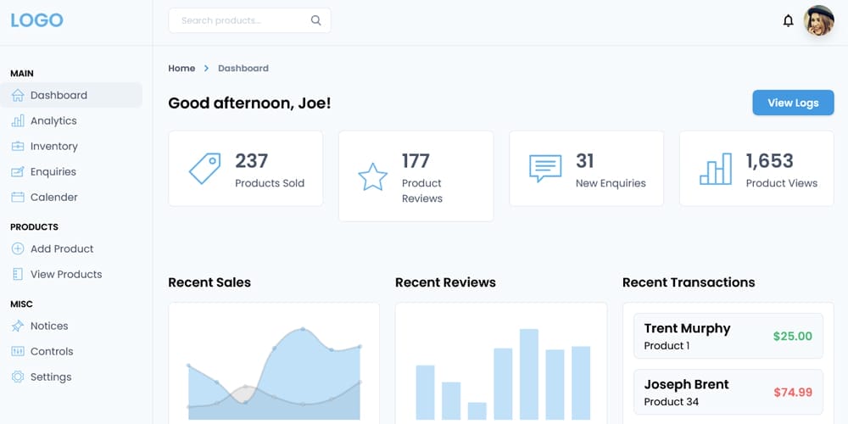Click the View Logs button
[793, 103]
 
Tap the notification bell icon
[788, 20]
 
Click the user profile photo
[819, 20]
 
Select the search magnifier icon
[316, 20]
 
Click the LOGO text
[36, 20]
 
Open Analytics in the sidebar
[53, 120]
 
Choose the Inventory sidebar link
[53, 146]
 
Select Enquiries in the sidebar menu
[53, 171]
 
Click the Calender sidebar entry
[53, 197]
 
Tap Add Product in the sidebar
[61, 248]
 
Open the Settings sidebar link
[50, 377]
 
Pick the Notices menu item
[48, 326]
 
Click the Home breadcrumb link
[181, 68]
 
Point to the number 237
[251, 160]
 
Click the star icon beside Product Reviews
[372, 176]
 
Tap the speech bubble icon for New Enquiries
[545, 168]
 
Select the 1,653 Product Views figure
[769, 160]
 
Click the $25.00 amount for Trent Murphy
[792, 336]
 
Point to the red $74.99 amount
[792, 392]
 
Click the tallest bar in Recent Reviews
[529, 374]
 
